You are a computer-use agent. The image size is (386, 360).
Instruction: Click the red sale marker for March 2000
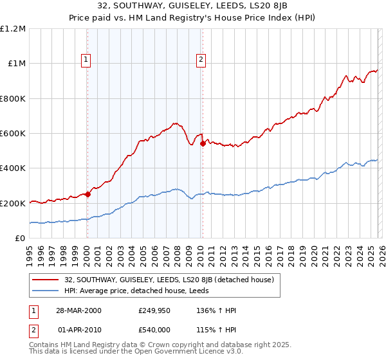click(87, 195)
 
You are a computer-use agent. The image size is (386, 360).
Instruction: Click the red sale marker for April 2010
click(202, 144)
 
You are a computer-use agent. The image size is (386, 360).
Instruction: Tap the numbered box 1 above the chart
click(86, 60)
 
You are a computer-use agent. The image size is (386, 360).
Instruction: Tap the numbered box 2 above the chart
click(201, 60)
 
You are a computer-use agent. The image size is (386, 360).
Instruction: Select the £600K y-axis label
click(13, 134)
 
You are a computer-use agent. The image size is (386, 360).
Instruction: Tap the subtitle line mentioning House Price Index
click(193, 18)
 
